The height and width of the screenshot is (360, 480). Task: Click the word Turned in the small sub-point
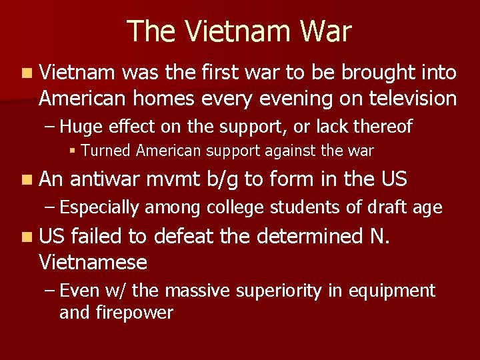106,151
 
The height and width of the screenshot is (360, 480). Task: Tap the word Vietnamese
93,262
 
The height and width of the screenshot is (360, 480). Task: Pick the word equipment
399,291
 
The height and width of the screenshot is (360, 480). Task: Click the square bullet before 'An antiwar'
25,180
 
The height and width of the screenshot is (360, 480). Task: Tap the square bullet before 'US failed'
25,237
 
